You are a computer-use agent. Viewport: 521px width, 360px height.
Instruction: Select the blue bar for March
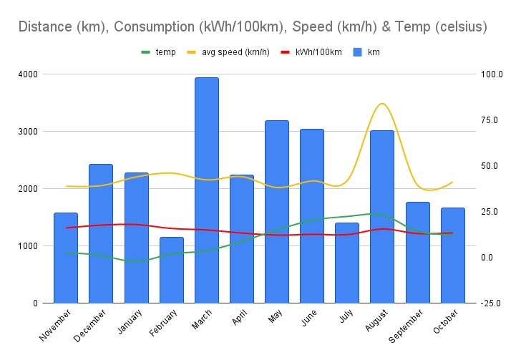(x=207, y=190)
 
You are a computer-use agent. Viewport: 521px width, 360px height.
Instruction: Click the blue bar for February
(x=172, y=270)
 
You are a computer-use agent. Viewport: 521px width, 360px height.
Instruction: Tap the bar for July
(x=347, y=263)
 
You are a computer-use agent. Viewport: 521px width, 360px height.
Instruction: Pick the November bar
(x=66, y=258)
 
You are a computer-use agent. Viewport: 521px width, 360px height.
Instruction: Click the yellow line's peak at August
(x=382, y=104)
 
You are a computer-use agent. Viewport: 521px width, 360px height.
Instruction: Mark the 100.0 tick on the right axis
(x=492, y=74)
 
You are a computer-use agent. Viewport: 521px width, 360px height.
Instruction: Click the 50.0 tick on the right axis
(x=492, y=166)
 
